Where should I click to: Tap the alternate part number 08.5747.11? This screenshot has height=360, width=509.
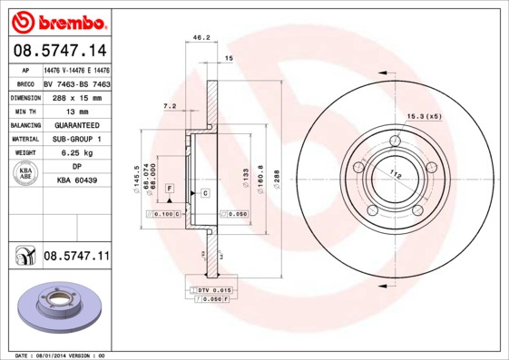76,257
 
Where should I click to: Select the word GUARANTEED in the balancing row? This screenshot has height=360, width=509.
76,124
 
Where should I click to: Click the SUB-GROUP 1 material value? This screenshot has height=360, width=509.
76,138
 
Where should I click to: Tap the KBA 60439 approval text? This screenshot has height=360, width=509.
76,180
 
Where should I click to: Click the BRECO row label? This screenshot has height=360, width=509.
24,83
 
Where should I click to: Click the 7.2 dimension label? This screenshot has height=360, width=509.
169,106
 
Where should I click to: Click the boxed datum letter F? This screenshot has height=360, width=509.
169,187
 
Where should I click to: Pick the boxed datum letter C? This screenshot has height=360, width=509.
205,193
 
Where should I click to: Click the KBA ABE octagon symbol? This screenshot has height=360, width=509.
25,174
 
